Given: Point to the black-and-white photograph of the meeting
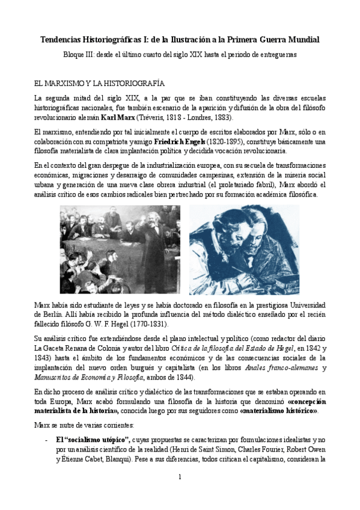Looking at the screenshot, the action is click(120, 249).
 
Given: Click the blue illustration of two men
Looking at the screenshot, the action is click(244, 249).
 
